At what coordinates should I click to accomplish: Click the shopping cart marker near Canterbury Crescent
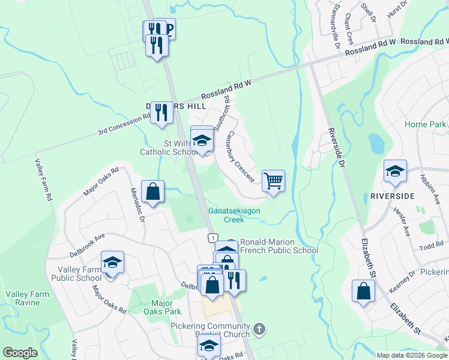[273, 180]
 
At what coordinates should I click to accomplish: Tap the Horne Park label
[425, 124]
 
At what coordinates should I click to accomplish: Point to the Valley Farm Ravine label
[23, 298]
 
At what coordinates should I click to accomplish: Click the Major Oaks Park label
[162, 307]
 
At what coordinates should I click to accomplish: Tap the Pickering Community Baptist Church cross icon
[259, 329]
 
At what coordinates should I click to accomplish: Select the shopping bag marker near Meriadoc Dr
[153, 191]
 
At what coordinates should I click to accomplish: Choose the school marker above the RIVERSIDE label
[396, 171]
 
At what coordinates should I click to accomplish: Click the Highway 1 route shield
[212, 238]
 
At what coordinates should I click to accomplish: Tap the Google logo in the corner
[20, 353]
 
